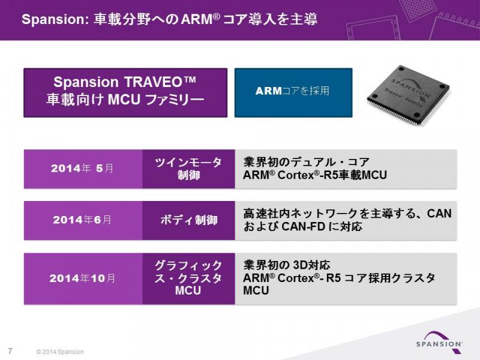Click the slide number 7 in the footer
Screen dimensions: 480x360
tap(10, 351)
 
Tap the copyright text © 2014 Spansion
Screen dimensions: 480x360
tap(60, 352)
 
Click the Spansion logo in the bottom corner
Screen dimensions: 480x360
tap(439, 340)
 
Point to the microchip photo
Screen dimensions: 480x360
tap(409, 95)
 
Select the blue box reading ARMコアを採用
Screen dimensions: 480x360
tap(293, 92)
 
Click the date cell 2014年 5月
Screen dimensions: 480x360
tap(83, 169)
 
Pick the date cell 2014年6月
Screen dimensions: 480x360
tap(83, 220)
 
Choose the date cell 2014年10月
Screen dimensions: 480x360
tap(83, 278)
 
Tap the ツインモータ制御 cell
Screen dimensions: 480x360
tap(188, 169)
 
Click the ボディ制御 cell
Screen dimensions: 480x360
tap(188, 220)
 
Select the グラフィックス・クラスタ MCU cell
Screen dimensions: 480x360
tap(188, 278)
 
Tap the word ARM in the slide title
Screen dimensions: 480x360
tap(197, 19)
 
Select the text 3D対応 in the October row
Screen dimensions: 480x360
tap(311, 265)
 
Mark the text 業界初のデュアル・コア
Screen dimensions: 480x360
tap(307, 162)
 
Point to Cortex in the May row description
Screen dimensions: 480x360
tap(296, 175)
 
